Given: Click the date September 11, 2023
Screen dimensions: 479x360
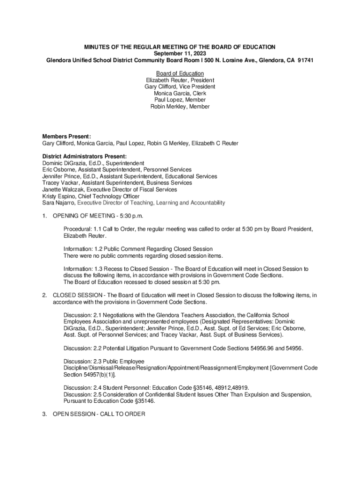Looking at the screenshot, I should click(x=180, y=54).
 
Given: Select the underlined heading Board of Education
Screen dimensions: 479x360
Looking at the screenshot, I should click(x=180, y=73).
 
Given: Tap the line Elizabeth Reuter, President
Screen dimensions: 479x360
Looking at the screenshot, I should click(x=180, y=80).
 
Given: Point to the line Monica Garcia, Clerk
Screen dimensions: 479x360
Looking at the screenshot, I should click(x=180, y=94).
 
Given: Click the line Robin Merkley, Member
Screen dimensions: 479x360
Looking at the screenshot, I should click(x=180, y=107).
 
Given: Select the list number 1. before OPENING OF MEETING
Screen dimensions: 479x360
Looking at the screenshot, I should click(x=45, y=216).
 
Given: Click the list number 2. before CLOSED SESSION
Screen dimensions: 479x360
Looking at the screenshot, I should click(x=45, y=295).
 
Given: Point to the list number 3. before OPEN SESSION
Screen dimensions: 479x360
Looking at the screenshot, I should click(x=45, y=414).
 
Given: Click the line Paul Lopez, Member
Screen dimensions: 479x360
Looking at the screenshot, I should click(x=180, y=100).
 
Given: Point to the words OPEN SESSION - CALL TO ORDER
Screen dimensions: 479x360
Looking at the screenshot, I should click(x=99, y=414).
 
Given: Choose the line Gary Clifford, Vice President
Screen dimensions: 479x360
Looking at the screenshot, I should click(x=180, y=87).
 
